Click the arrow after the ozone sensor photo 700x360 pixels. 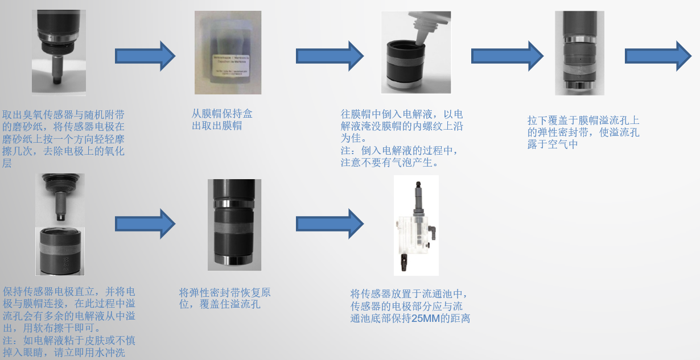145,56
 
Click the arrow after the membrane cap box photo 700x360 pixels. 329,56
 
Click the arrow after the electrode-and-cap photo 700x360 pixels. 145,224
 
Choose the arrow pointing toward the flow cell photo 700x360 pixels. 329,224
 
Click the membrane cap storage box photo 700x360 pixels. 228,52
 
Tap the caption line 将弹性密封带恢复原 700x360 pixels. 225,293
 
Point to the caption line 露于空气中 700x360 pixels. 553,144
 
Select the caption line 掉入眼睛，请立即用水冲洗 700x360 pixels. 64,353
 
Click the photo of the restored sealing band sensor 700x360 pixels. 234,224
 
